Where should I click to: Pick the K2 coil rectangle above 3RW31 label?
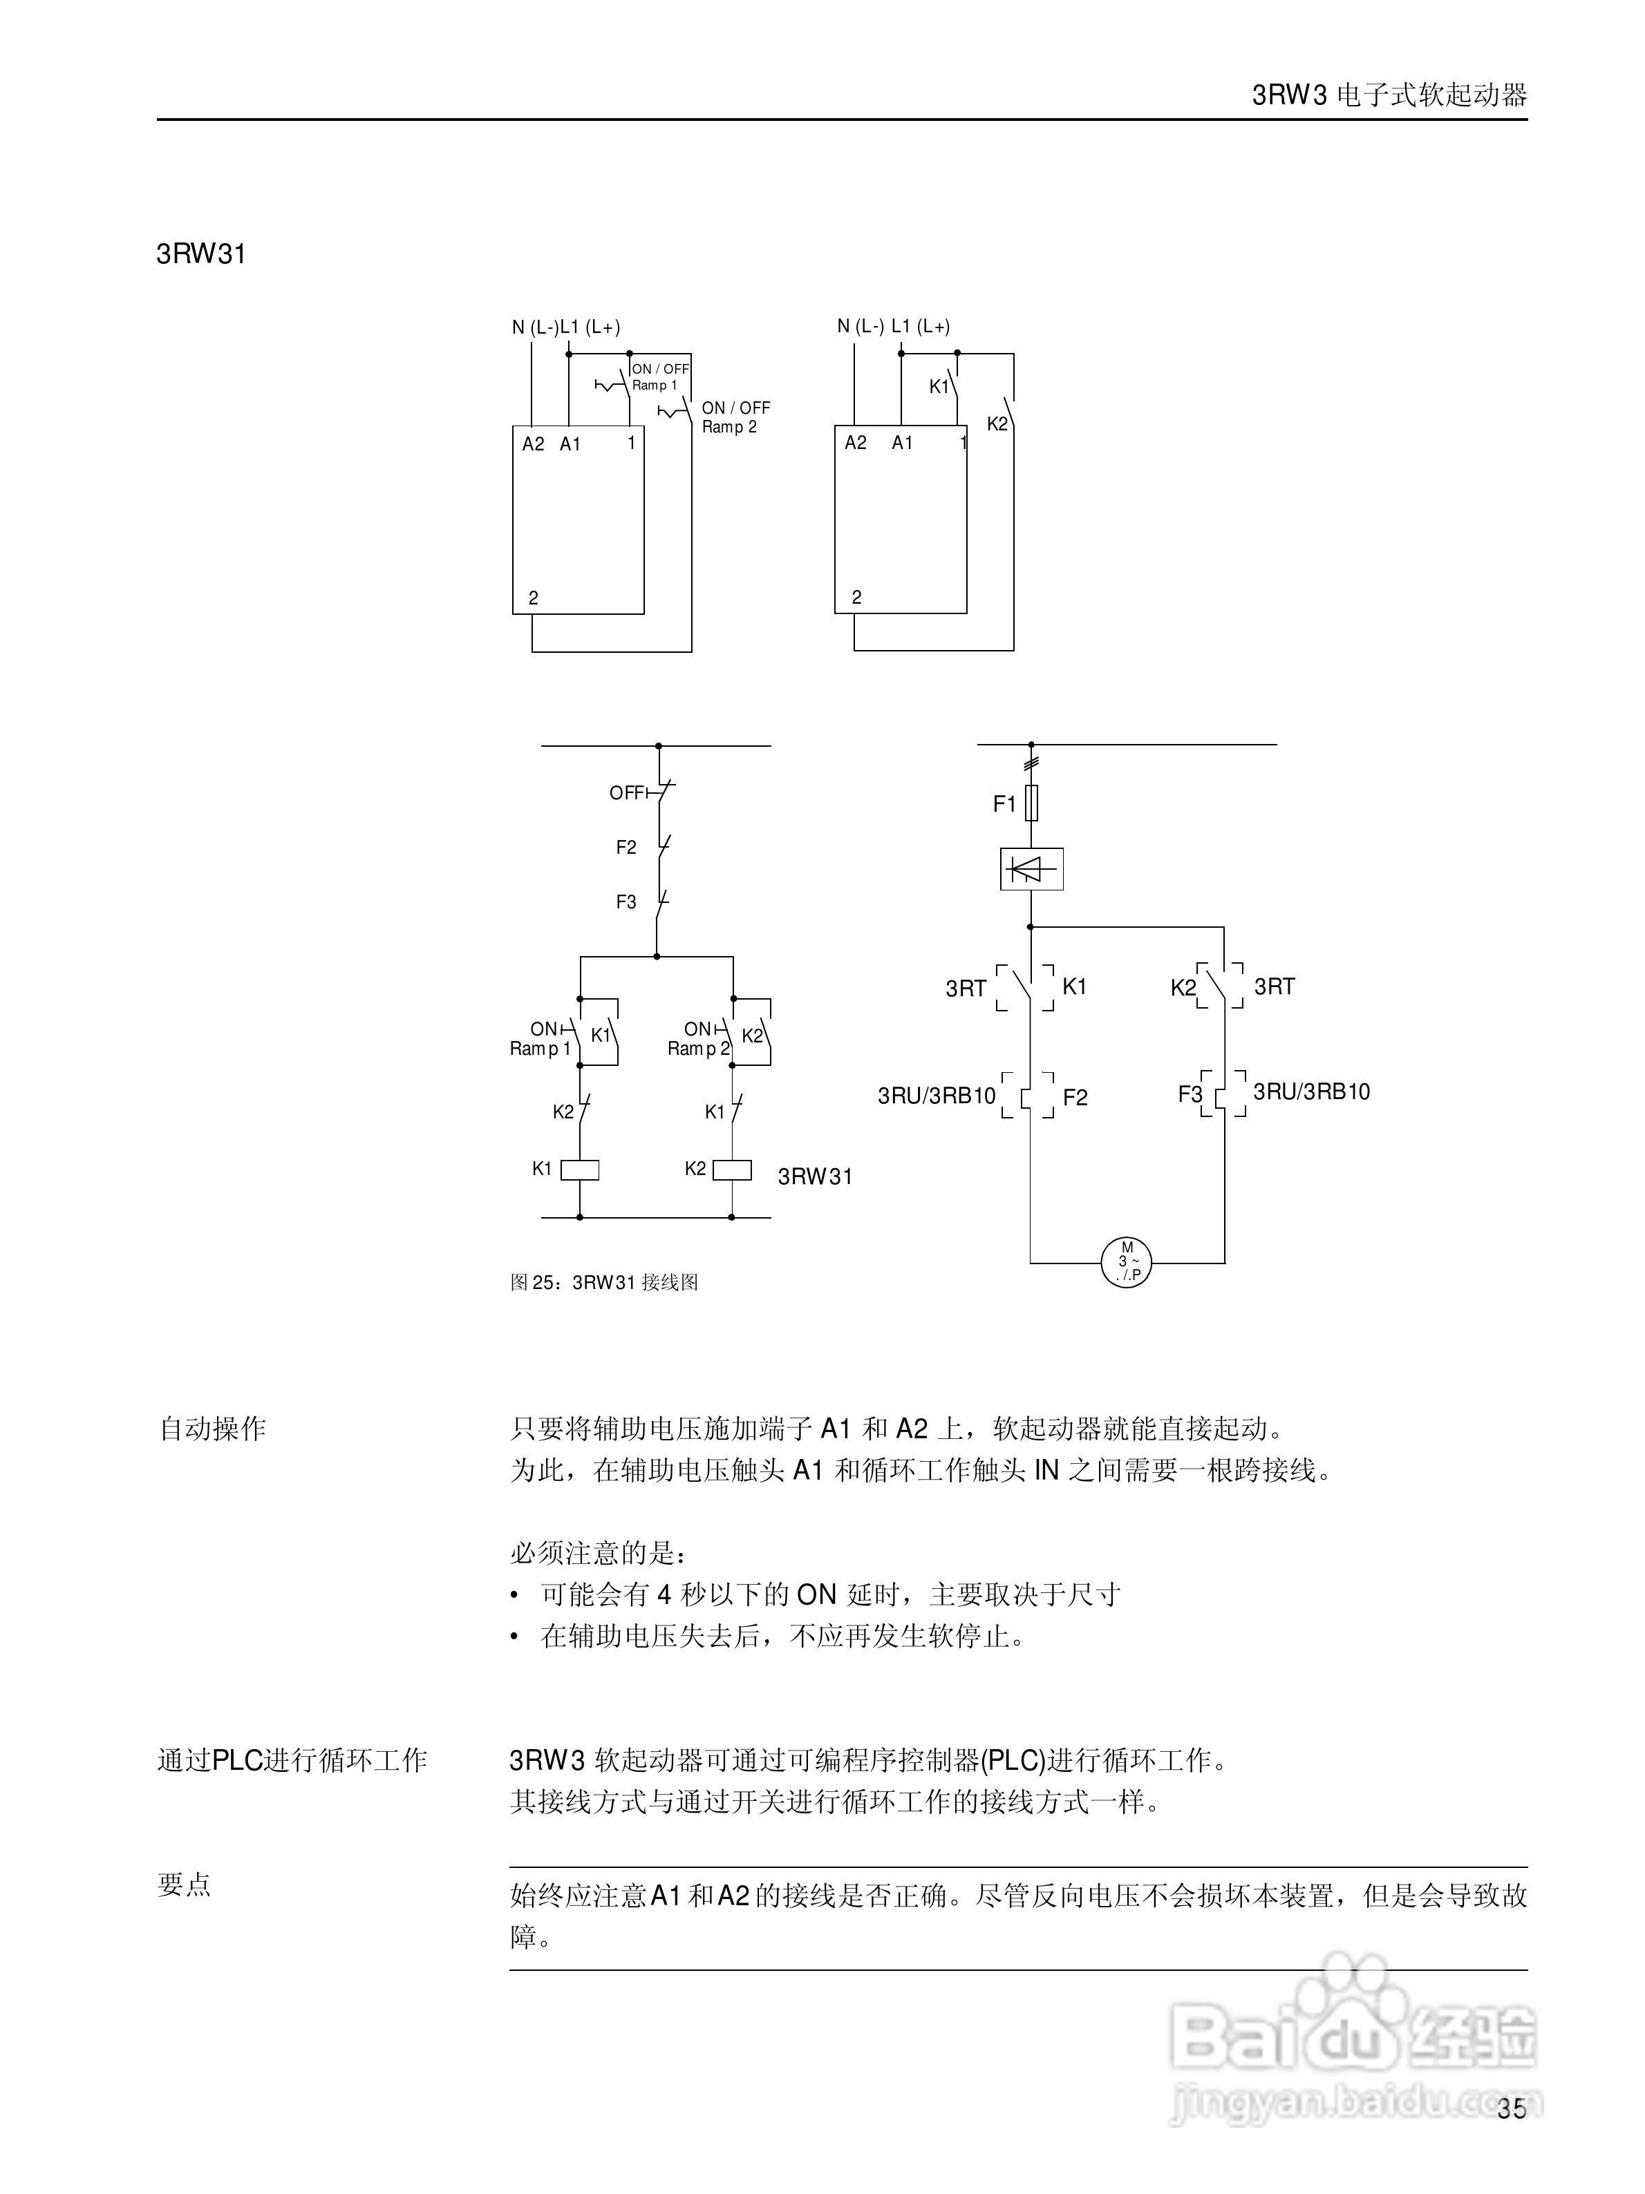point(732,1170)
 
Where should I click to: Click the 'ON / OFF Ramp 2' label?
point(735,417)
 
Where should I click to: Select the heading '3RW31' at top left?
point(200,254)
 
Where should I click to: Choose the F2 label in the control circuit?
point(626,847)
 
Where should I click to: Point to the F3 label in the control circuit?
point(626,902)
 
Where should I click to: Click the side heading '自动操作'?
point(212,1429)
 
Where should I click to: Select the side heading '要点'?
point(185,1885)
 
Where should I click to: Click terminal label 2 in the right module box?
point(856,597)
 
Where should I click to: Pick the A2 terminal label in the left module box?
point(534,444)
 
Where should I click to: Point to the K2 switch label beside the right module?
point(997,423)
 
